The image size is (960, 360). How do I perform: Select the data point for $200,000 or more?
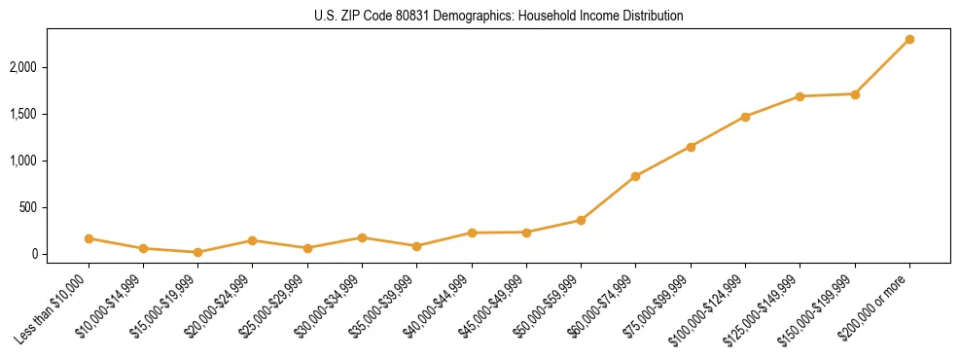909,39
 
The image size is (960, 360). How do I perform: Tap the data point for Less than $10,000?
89,238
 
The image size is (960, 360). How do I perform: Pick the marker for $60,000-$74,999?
635,176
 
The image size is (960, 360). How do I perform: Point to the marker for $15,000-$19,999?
197,252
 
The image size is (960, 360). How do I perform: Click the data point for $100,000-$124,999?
745,117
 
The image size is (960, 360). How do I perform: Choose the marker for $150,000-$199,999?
855,94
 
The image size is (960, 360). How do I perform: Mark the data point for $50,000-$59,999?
581,220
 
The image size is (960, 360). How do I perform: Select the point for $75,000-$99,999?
691,147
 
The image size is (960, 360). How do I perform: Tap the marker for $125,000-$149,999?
800,96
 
